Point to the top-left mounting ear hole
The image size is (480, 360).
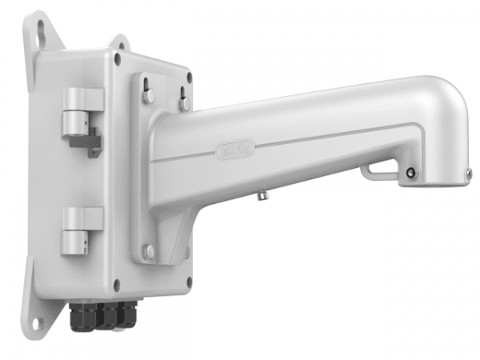point(38,27)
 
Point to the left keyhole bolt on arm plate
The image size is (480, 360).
point(148,94)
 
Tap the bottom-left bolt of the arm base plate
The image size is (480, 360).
point(149,250)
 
